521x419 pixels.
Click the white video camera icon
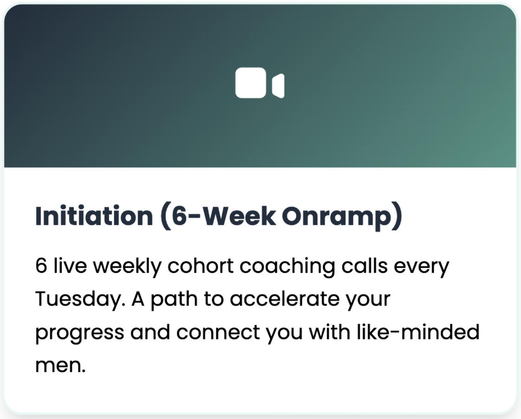260,83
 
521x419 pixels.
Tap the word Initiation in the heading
94,216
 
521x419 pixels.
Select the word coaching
287,266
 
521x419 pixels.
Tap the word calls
365,266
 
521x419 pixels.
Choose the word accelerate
285,299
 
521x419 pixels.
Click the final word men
60,365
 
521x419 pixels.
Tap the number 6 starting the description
41,266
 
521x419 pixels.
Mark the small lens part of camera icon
278,86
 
